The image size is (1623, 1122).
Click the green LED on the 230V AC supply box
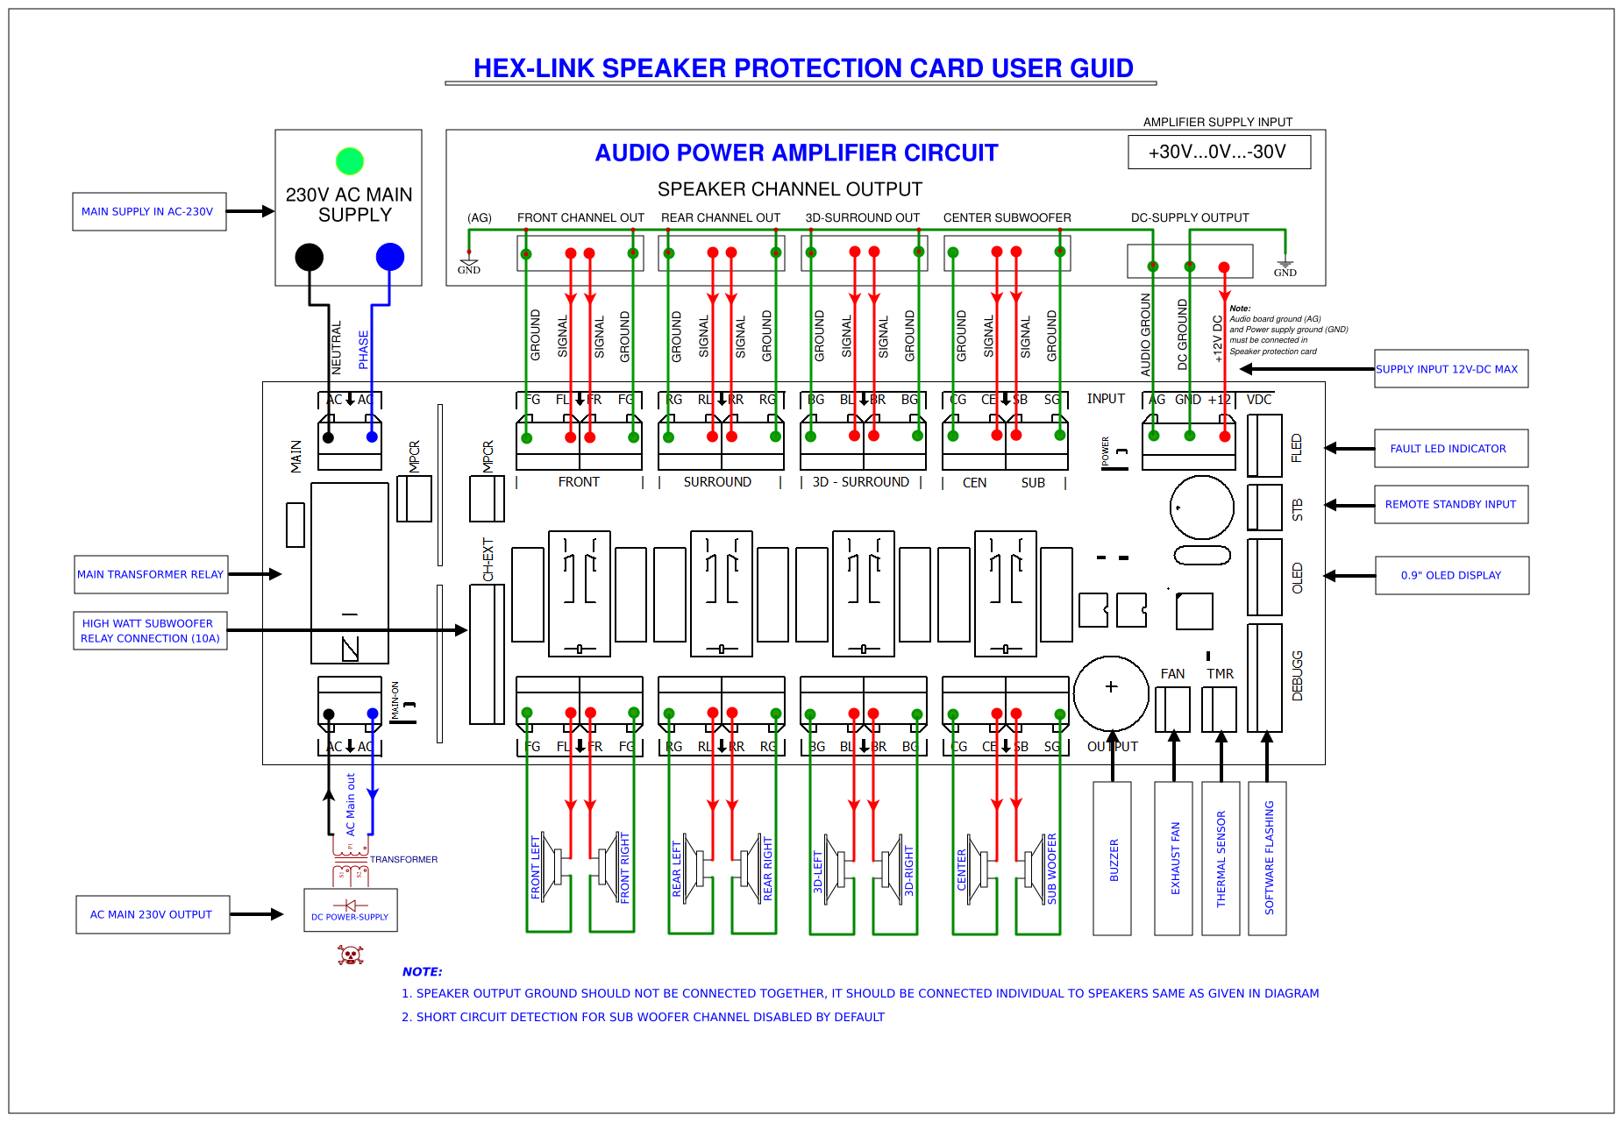350,161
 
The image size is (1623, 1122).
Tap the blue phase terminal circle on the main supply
390,257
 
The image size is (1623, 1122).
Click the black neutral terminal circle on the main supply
310,257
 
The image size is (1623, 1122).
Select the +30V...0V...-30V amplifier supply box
1219,152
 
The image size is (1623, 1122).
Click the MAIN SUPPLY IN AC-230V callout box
149,212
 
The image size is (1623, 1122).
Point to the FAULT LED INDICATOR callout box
1450,449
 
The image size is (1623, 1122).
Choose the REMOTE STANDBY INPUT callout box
1450,505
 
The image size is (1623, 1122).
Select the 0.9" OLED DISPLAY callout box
1451,576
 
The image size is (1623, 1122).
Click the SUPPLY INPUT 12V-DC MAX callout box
1450,369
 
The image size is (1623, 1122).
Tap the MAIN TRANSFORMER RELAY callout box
151,575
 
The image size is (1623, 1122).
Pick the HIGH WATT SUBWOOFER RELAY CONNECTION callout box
151,631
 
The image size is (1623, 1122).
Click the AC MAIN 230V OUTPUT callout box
153,915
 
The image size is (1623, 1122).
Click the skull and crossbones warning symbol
351,955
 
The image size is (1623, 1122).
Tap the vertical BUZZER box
1113,859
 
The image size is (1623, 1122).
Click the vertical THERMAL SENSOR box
1221,859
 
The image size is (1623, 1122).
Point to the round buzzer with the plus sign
1111,693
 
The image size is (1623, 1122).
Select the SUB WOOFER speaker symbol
1036,868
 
